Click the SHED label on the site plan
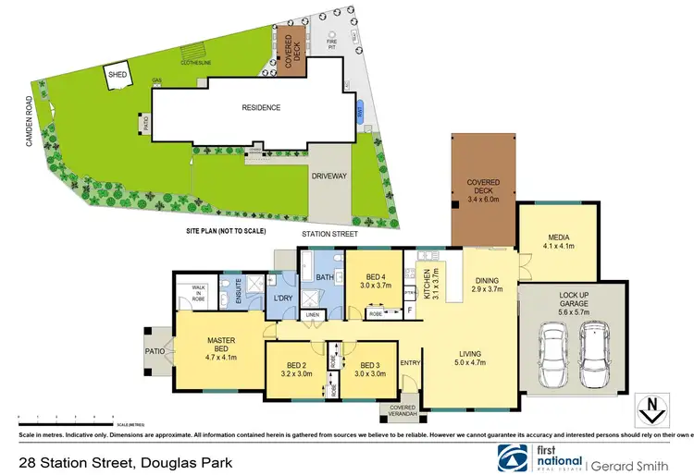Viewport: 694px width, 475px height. click(118, 74)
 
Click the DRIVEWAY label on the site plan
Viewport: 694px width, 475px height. click(329, 174)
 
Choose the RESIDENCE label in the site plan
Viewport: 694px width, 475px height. click(261, 107)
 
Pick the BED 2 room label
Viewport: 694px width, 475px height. click(297, 371)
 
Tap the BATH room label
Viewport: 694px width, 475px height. click(324, 276)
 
